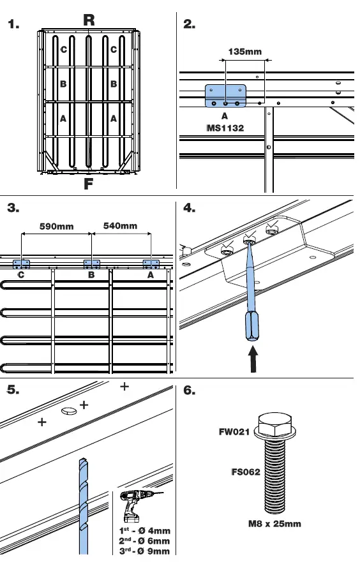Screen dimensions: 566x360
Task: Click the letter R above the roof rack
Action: pos(89,20)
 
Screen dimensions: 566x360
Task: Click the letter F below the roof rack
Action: pos(89,184)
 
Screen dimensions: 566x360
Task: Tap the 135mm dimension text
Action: pos(244,52)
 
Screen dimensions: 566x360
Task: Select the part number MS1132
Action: pos(225,128)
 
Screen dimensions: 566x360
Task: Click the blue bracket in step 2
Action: pos(225,96)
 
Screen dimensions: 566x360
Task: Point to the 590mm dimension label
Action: pos(57,226)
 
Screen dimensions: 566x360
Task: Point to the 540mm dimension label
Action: pos(120,226)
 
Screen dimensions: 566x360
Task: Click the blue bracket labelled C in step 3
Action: pos(22,264)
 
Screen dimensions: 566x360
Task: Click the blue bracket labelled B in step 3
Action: pos(92,264)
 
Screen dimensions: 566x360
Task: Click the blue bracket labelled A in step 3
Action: pos(151,264)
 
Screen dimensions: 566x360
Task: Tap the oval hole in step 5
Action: pos(69,412)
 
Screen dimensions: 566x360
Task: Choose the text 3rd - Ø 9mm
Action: pos(145,551)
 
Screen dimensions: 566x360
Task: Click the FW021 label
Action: pos(234,432)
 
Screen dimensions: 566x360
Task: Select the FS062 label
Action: pos(246,473)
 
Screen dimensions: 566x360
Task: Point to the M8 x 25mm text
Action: pos(274,524)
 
